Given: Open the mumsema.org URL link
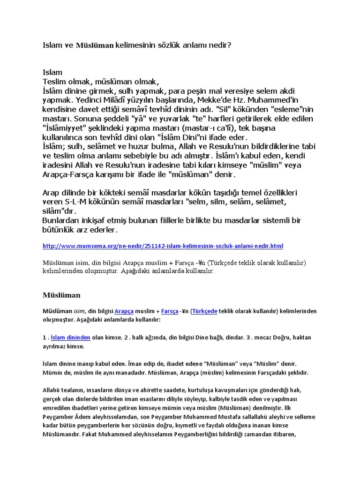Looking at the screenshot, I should click(163, 246).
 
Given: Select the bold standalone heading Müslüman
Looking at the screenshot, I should click(62, 295).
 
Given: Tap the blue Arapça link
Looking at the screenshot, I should click(124, 311).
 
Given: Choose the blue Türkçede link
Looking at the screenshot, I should click(205, 311).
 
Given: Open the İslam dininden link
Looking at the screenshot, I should click(70, 337).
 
